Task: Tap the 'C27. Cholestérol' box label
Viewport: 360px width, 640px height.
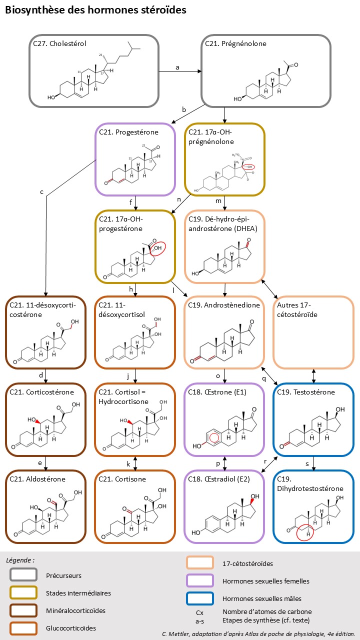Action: tap(59, 43)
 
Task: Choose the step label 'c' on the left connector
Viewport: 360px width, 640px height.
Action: tap(42, 191)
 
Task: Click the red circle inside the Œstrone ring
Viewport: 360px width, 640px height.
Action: tap(214, 438)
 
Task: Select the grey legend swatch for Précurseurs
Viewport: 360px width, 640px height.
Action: tap(23, 575)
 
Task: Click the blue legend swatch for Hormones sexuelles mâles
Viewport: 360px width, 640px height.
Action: tap(200, 598)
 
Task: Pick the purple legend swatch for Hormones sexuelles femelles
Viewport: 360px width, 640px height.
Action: tap(200, 581)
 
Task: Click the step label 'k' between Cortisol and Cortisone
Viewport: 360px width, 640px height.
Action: tap(128, 463)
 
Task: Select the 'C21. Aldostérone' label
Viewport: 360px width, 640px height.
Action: tap(37, 479)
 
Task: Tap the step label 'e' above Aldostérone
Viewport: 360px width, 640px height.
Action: tap(39, 463)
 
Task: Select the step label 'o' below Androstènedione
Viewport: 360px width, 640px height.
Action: tap(217, 375)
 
